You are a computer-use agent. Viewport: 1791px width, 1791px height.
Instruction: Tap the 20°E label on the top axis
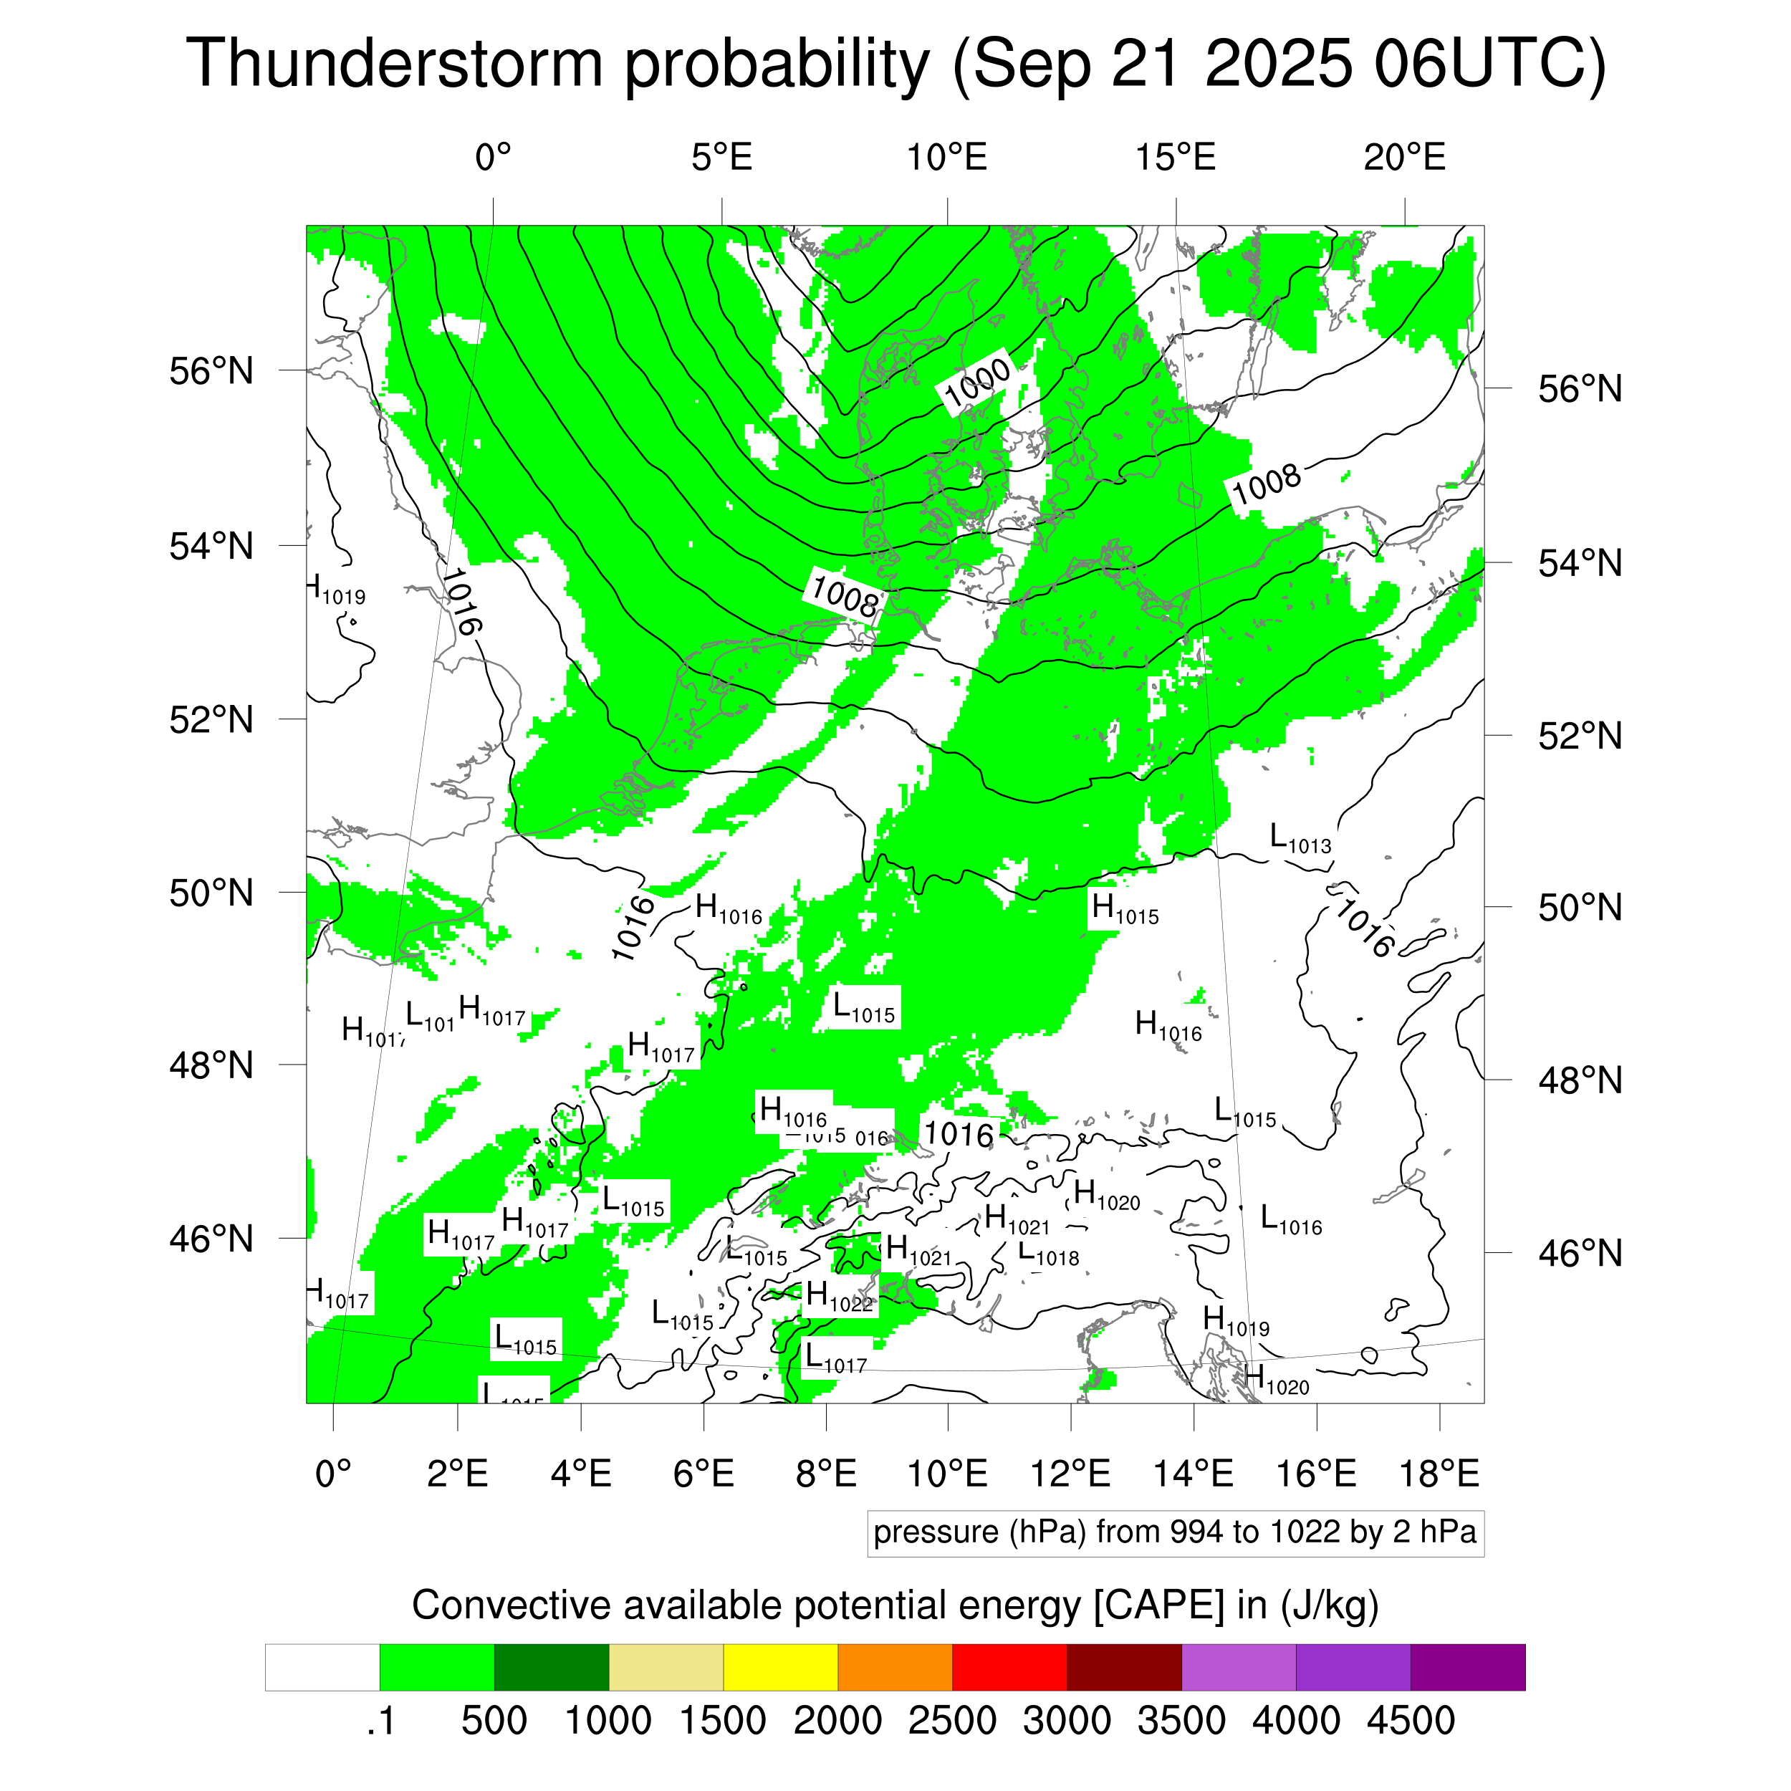[1403, 158]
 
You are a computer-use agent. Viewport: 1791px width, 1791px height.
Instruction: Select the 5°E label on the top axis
[721, 158]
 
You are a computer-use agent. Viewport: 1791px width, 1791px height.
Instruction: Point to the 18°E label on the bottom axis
[1438, 1473]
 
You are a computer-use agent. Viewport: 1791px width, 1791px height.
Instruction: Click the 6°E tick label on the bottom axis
[703, 1473]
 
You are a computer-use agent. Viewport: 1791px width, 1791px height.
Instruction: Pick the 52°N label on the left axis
[211, 719]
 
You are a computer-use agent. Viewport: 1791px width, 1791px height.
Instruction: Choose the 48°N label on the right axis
[1580, 1080]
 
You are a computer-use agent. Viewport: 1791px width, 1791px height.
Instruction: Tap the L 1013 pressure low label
[1300, 838]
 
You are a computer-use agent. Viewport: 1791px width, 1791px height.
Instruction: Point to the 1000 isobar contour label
[977, 382]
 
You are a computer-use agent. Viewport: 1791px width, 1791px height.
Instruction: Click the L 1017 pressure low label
[835, 1358]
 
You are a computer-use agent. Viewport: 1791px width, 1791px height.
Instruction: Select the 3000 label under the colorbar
[1066, 1721]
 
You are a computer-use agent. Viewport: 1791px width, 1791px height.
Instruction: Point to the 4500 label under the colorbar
[1410, 1721]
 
